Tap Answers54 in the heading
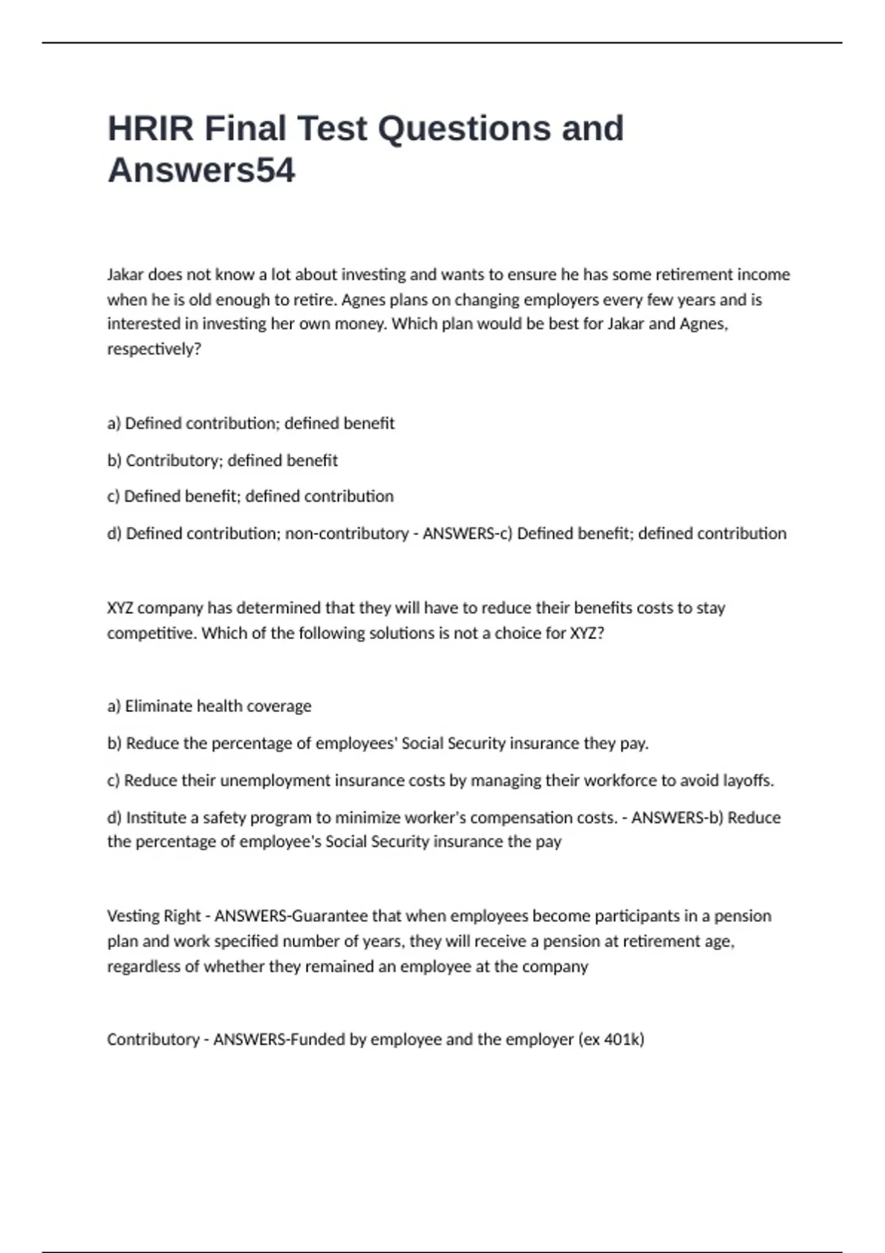[201, 170]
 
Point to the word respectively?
[154, 349]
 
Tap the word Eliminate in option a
[156, 706]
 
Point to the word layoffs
[749, 780]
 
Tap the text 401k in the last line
[623, 1039]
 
